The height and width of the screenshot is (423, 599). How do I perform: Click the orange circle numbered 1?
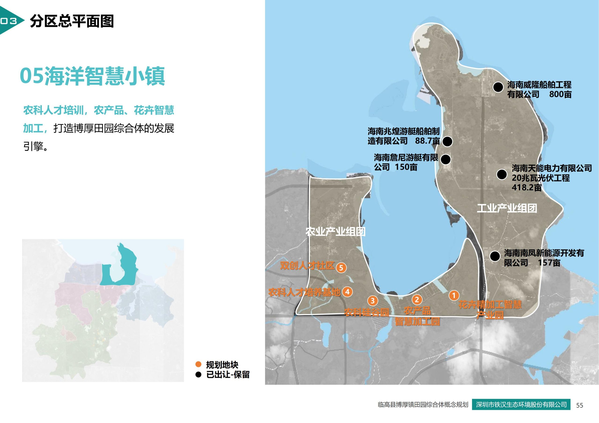(454, 295)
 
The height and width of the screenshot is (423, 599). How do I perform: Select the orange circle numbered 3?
(373, 301)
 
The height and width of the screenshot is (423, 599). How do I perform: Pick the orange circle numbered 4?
(347, 292)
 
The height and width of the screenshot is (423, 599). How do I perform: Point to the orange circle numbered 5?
(341, 268)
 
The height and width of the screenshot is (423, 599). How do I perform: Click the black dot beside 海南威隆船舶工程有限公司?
(498, 87)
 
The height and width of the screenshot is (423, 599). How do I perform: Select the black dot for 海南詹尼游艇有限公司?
(446, 159)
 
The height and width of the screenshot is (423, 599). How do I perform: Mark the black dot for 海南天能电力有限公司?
(501, 174)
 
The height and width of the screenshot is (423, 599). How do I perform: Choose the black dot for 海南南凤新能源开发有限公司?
(495, 256)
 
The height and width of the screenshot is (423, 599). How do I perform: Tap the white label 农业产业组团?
(336, 231)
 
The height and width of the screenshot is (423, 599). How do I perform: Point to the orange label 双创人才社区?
(307, 265)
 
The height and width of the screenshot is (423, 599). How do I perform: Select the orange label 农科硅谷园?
(367, 312)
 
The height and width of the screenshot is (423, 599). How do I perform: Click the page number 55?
(579, 405)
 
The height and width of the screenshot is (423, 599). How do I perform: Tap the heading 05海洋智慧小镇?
(92, 76)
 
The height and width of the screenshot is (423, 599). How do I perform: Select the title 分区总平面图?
(72, 21)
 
